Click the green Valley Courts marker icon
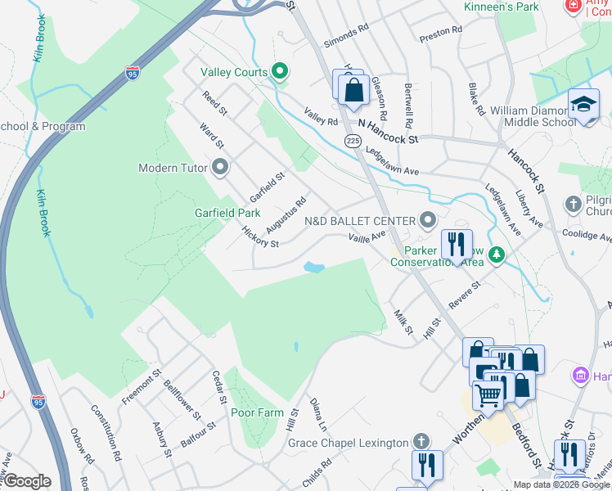pos(281,72)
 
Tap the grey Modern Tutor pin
pos(219,168)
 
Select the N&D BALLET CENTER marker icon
pos(427,219)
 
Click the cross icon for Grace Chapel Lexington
pos(421,443)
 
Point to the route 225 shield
pos(353,142)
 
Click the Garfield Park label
pos(227,213)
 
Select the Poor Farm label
pos(256,412)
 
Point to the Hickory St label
pos(260,237)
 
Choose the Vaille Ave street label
pos(367,236)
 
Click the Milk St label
pos(403,322)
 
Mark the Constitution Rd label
pos(106,432)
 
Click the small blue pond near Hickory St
pos(313,267)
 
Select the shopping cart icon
pos(488,395)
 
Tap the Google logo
pos(27,481)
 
